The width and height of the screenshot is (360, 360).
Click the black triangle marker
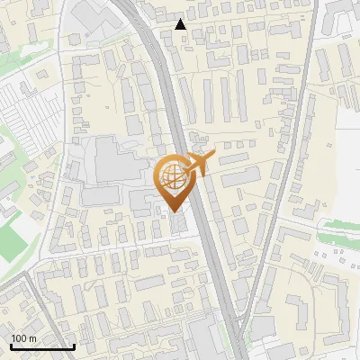[181, 24]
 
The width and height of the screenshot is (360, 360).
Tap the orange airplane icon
[198, 165]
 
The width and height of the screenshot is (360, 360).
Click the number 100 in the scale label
[20, 338]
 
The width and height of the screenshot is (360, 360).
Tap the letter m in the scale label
[32, 338]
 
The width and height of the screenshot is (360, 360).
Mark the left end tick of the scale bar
[11, 346]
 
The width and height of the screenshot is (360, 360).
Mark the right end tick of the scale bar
[74, 346]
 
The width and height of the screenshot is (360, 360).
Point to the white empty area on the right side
[346, 162]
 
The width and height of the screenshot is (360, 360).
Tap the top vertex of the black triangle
[181, 19]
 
